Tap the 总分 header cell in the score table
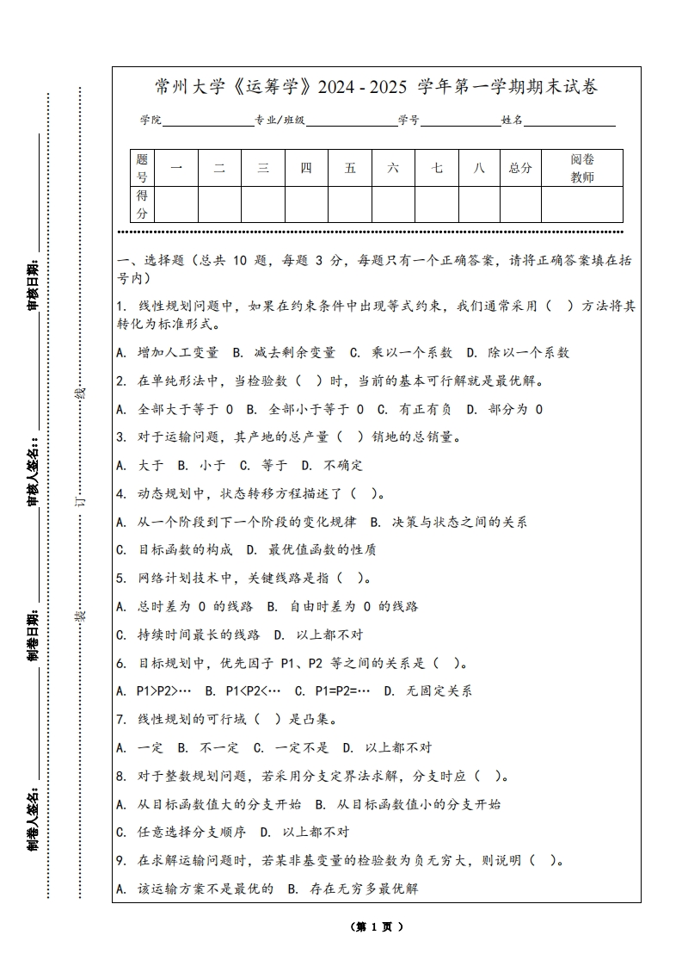tap(520, 168)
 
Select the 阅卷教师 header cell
tap(582, 168)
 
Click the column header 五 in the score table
tap(350, 168)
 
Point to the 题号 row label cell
tap(142, 168)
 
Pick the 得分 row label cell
tap(142, 205)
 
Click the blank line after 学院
tap(207, 121)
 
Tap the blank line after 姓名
tap(569, 121)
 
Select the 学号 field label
tap(409, 121)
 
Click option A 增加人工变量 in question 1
tap(168, 352)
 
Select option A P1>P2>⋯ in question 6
tap(154, 690)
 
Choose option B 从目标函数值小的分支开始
tap(408, 804)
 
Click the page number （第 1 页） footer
tap(377, 927)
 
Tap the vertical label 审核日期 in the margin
tap(34, 283)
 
